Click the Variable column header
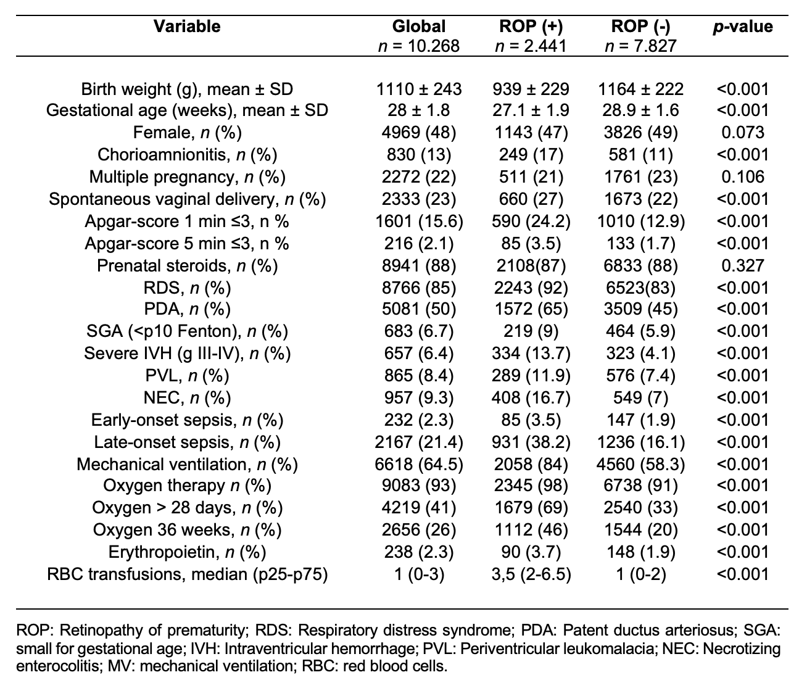(187, 27)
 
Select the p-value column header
(743, 27)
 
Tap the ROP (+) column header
(531, 27)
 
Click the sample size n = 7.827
(640, 46)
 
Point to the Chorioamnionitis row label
(187, 155)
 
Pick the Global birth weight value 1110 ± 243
(419, 89)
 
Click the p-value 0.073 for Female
(743, 132)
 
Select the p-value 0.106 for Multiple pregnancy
(743, 177)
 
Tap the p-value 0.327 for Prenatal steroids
(743, 266)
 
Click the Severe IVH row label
(187, 354)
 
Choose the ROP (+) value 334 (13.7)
(531, 354)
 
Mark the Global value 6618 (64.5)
(419, 465)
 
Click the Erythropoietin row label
(187, 552)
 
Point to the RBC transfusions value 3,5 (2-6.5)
(531, 574)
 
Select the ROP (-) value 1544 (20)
(640, 530)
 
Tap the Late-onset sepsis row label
(187, 442)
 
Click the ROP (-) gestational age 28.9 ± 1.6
(640, 110)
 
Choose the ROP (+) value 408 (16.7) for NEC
(531, 398)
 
